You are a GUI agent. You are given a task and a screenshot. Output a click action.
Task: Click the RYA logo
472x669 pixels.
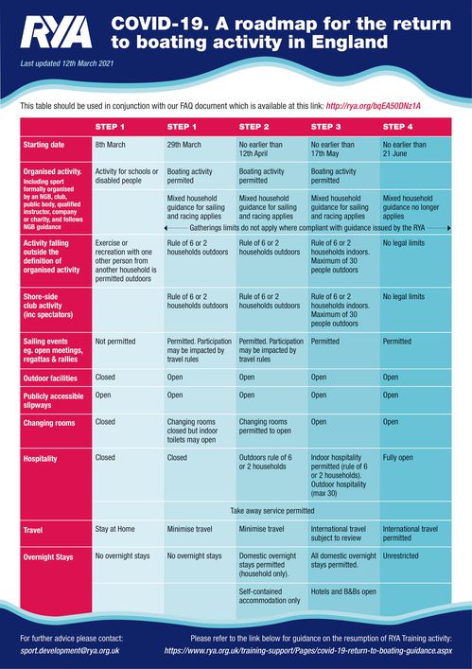tap(56, 32)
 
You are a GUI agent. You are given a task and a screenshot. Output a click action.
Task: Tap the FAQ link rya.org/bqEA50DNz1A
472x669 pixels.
tap(373, 106)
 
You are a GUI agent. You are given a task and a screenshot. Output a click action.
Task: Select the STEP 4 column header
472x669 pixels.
tap(397, 127)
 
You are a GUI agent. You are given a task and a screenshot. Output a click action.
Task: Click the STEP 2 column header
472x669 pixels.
tap(253, 127)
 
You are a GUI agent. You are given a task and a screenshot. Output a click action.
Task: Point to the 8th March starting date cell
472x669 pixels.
tap(110, 145)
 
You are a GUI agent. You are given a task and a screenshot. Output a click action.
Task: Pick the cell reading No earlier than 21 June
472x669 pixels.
tap(404, 149)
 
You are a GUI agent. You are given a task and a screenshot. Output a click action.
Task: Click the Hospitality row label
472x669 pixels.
tap(40, 459)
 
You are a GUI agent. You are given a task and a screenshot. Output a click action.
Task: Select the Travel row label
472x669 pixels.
tap(33, 530)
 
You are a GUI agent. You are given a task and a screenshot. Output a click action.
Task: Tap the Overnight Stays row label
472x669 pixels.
tap(48, 557)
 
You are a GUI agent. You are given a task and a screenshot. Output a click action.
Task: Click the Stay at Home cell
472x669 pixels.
tap(114, 529)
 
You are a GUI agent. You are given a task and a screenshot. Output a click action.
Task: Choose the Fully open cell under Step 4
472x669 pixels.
tap(398, 457)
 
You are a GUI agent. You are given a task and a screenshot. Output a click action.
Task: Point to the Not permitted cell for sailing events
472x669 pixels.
tap(115, 342)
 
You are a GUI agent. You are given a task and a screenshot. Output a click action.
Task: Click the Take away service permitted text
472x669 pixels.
tap(272, 511)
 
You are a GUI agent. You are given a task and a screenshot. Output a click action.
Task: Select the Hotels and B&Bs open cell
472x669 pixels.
tap(343, 591)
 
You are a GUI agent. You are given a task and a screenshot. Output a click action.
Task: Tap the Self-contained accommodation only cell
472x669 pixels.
tap(270, 596)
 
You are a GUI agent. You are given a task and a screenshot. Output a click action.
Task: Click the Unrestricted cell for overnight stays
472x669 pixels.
tap(400, 556)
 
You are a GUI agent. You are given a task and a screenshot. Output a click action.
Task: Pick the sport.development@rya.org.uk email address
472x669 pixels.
tap(70, 651)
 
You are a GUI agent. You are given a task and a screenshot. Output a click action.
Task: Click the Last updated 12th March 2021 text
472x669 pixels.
tap(67, 63)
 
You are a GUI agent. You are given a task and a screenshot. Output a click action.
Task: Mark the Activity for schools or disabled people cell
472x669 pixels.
tap(127, 176)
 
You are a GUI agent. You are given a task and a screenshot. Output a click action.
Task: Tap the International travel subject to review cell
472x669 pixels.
tap(338, 534)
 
